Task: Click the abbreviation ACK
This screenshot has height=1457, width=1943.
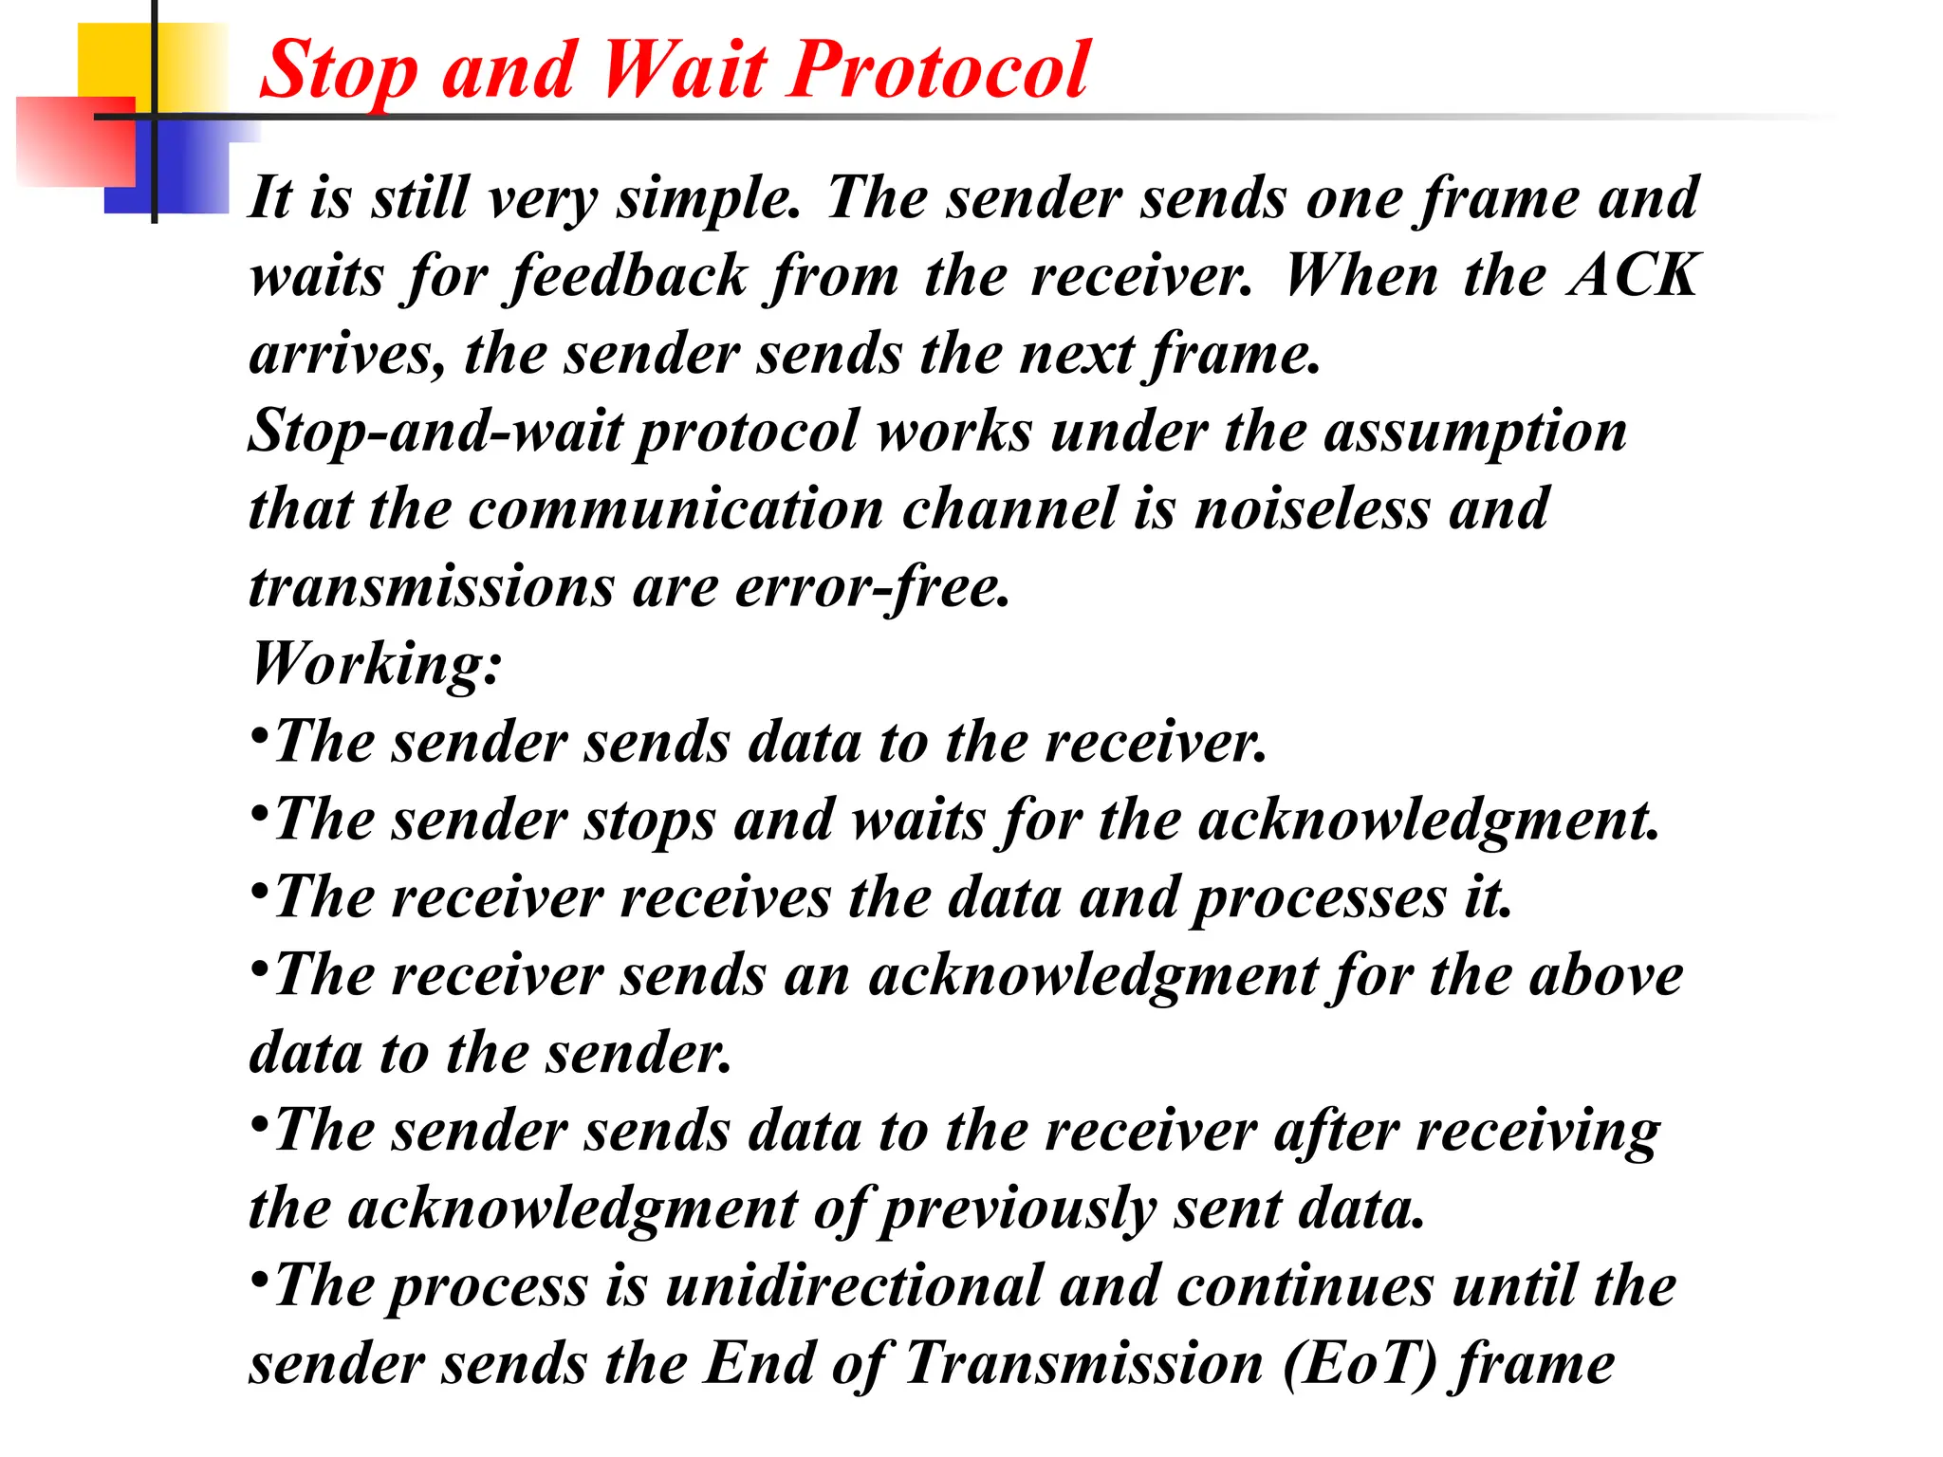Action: pos(1633,276)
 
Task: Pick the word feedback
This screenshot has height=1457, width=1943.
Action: pos(629,278)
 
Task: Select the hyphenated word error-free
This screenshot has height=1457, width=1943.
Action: pos(872,587)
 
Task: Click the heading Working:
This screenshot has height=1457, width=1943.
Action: pos(376,665)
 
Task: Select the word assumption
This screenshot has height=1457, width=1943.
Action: pos(1475,433)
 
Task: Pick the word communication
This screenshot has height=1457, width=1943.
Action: pos(675,509)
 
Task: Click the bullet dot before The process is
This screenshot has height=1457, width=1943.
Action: pos(258,1281)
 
